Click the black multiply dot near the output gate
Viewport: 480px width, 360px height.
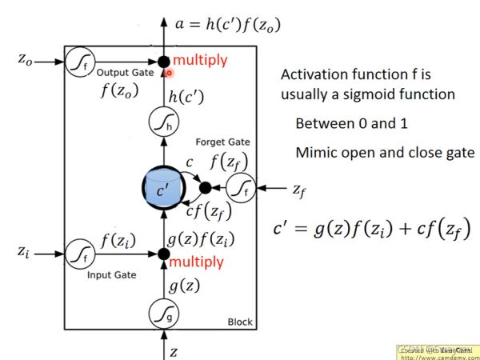pos(163,60)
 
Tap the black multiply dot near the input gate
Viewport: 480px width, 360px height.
pos(163,254)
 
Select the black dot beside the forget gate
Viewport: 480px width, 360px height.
pos(204,188)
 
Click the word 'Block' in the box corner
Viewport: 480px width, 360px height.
pos(239,322)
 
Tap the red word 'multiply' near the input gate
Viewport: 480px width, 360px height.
pos(198,262)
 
